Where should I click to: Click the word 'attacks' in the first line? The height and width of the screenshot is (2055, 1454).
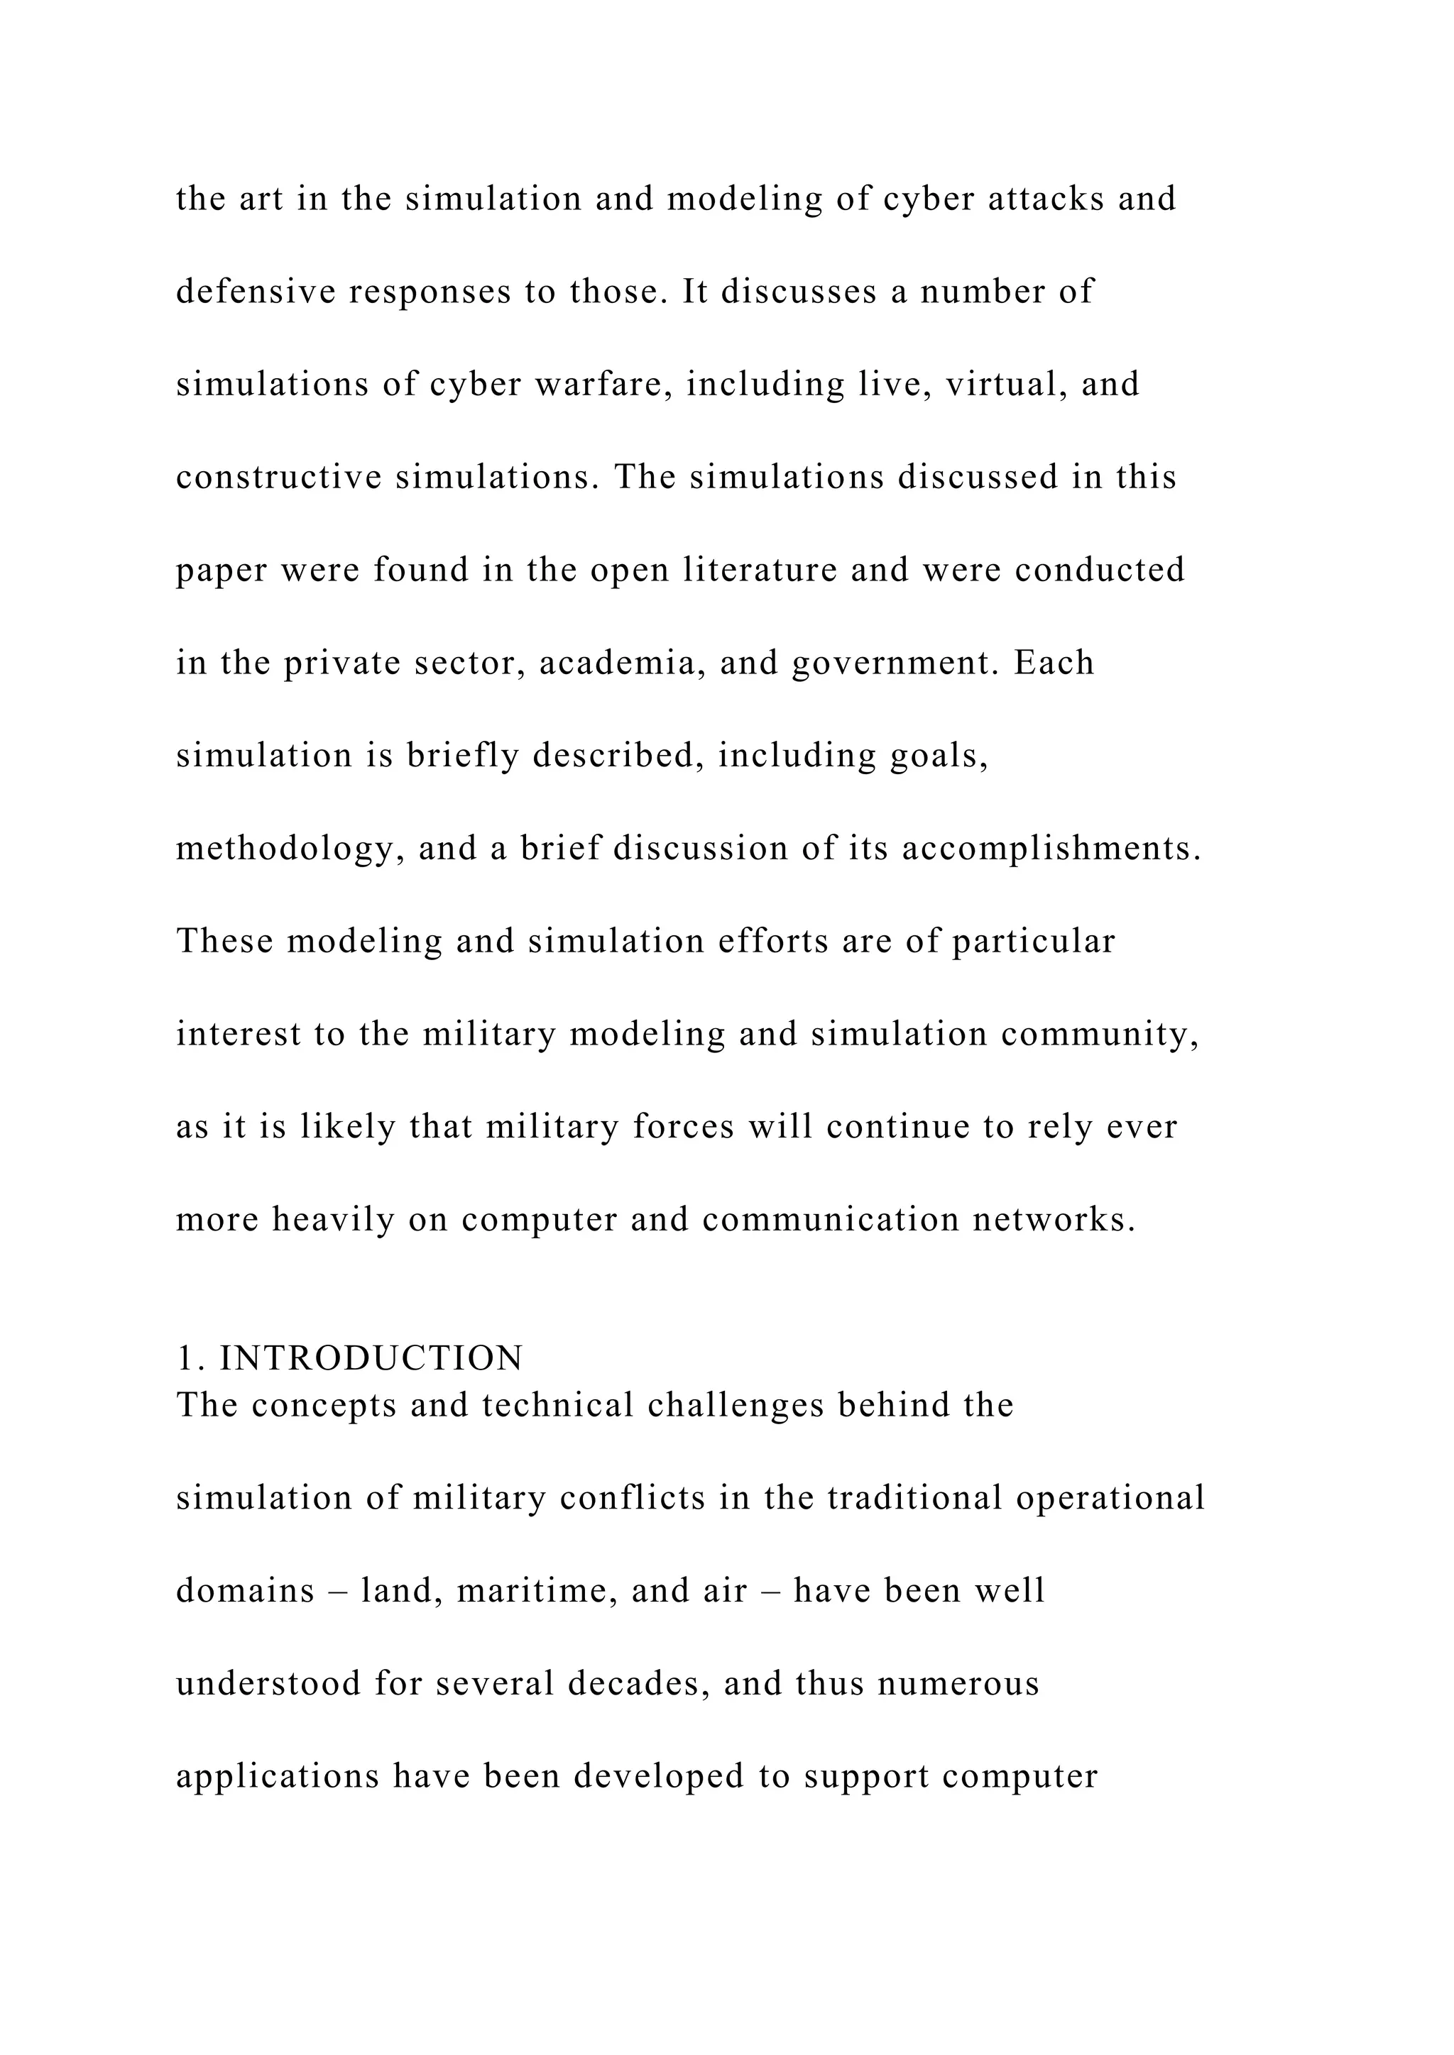[1046, 199]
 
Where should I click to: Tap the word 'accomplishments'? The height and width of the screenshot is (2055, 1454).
[1051, 849]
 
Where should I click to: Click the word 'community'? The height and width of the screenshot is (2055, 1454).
[1100, 1035]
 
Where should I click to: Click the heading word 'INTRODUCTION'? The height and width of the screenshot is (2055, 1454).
[371, 1359]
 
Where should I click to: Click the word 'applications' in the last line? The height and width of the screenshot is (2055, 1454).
[278, 1778]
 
